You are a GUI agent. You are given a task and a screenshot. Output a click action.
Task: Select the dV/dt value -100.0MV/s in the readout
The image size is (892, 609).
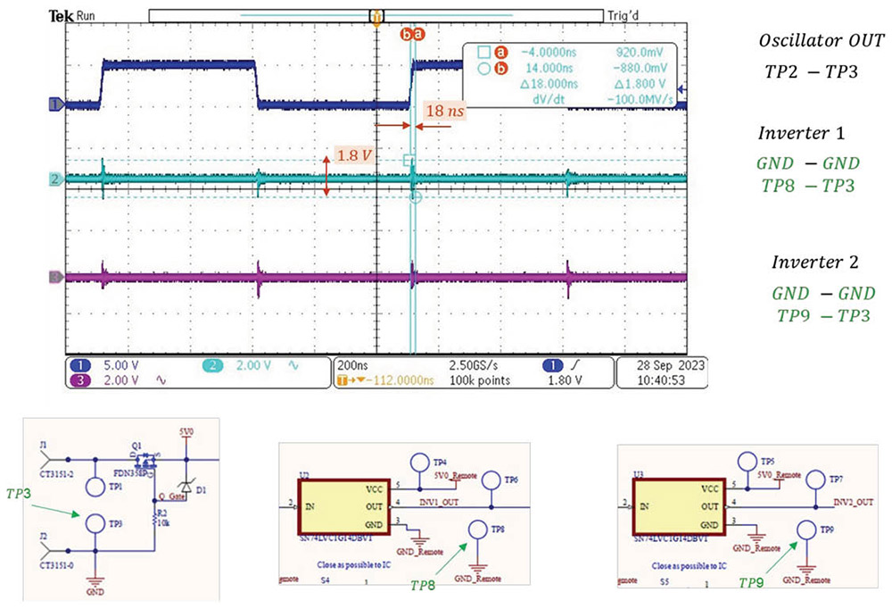(x=634, y=100)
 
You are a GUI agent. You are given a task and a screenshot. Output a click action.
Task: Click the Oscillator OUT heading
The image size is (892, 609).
(x=821, y=41)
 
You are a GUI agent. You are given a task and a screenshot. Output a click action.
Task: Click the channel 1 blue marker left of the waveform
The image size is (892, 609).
(x=54, y=104)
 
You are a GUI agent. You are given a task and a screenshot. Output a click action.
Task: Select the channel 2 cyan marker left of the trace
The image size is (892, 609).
(x=54, y=180)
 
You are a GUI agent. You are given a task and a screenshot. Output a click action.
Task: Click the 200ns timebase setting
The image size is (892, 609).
(x=353, y=365)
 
